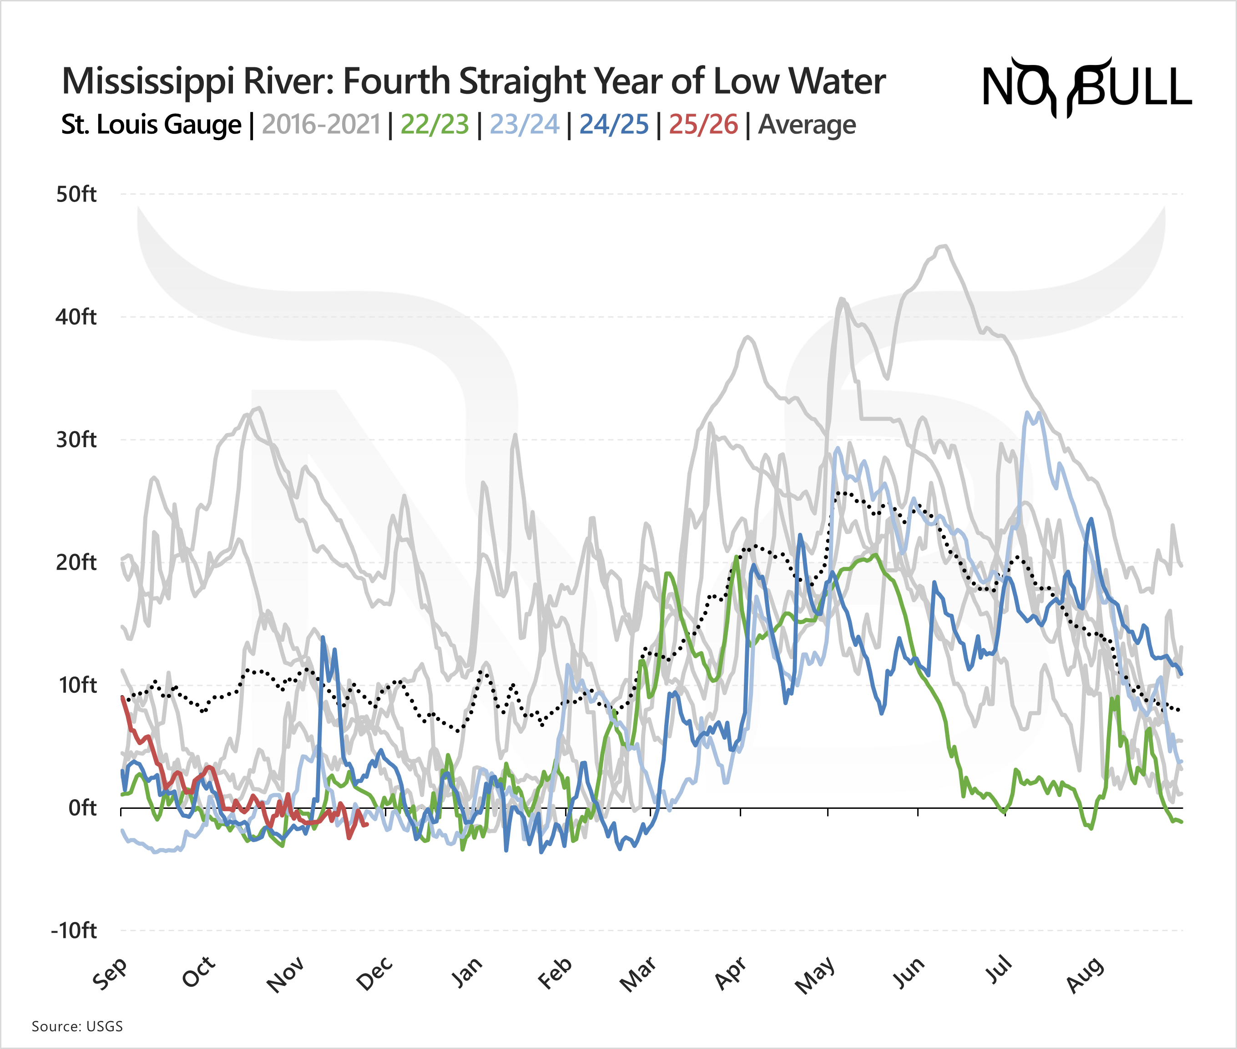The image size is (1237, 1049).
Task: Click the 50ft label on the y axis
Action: pos(76,194)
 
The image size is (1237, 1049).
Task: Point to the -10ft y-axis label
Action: pos(74,931)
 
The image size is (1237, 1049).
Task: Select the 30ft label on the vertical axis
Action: pos(76,440)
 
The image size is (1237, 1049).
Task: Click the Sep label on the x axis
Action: pos(111,973)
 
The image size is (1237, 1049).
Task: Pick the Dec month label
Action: pos(375,973)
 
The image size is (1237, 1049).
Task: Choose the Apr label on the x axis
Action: pos(730,973)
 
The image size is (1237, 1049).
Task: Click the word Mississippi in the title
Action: pos(149,82)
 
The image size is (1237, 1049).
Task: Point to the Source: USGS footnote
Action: pos(77,1026)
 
